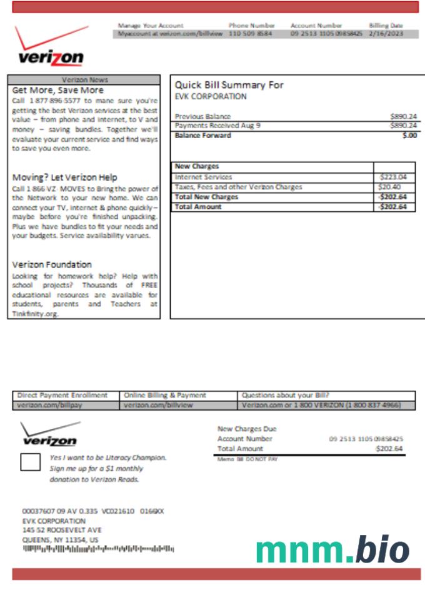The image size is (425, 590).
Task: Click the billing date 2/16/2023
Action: [386, 34]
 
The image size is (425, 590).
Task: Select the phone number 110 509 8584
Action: [250, 34]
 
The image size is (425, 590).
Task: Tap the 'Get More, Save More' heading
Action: [57, 90]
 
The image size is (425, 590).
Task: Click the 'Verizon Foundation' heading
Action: [52, 264]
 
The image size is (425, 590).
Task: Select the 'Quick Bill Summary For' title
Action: [229, 86]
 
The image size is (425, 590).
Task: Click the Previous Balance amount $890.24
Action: [403, 116]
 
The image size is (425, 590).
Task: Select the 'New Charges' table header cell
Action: [197, 167]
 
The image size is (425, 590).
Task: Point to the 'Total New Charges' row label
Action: [207, 197]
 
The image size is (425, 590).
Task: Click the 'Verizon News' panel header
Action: [85, 80]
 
